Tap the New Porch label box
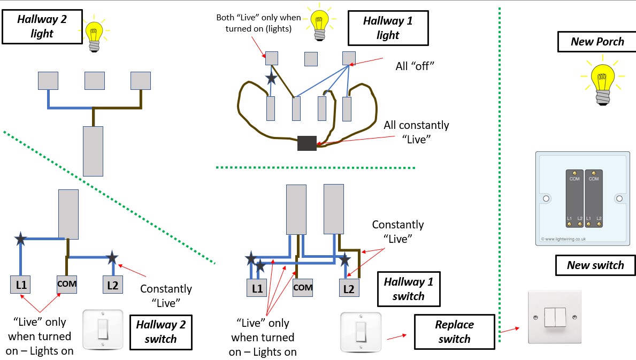pos(597,41)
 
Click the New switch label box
pos(595,265)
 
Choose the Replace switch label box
pos(454,332)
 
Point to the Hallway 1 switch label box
pos(408,288)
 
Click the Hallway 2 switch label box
pos(161,331)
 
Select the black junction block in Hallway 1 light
pos(306,143)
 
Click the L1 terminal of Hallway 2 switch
pos(21,285)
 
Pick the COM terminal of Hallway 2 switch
pos(67,285)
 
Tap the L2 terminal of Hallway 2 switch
pos(112,285)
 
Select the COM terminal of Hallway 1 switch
pos(302,288)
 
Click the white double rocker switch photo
pos(554,317)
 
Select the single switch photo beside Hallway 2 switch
pos(103,330)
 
